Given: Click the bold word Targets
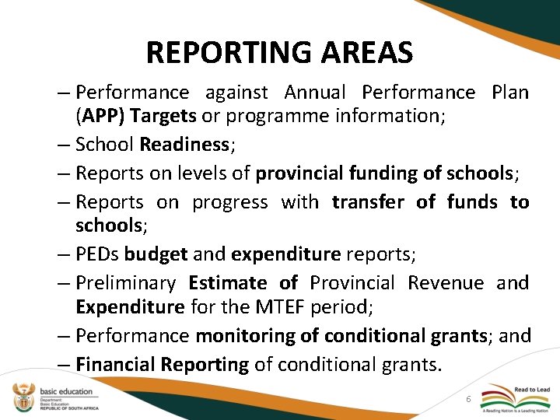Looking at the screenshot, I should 164,116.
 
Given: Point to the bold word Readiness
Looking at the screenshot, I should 184,144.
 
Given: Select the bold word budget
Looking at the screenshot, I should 156,254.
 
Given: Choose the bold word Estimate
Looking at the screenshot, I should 227,282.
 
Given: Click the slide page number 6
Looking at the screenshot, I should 467,398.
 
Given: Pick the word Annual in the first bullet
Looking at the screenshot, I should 315,93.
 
